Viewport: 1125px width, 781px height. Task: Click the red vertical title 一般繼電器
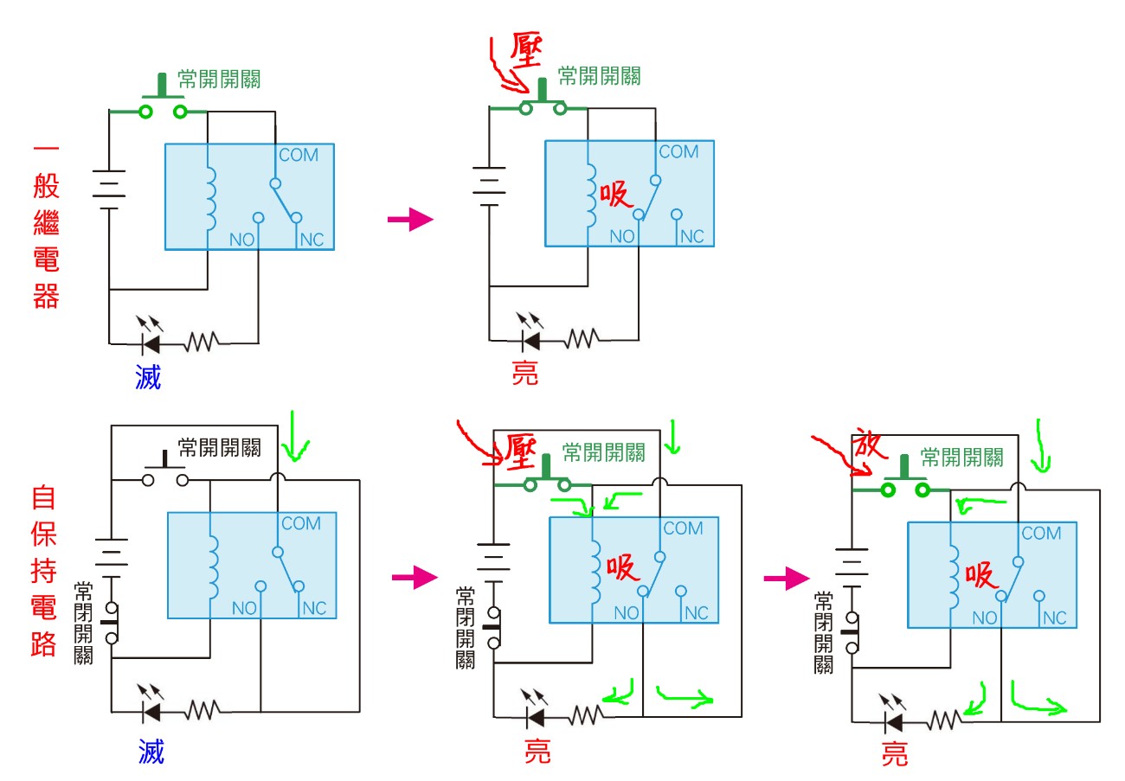tap(45, 227)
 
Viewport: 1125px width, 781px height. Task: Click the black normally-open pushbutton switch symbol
tap(164, 471)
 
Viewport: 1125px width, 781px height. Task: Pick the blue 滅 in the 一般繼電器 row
tap(148, 377)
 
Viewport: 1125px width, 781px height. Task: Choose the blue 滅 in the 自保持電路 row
tap(151, 752)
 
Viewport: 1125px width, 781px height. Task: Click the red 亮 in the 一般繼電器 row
tap(524, 373)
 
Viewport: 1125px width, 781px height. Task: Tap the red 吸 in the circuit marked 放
tap(982, 575)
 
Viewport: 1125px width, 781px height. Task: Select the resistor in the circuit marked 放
tap(944, 720)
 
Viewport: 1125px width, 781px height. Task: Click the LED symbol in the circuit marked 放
tap(891, 719)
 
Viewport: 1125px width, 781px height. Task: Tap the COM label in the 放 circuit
tap(1041, 534)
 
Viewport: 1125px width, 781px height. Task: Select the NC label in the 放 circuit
tap(1054, 618)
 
